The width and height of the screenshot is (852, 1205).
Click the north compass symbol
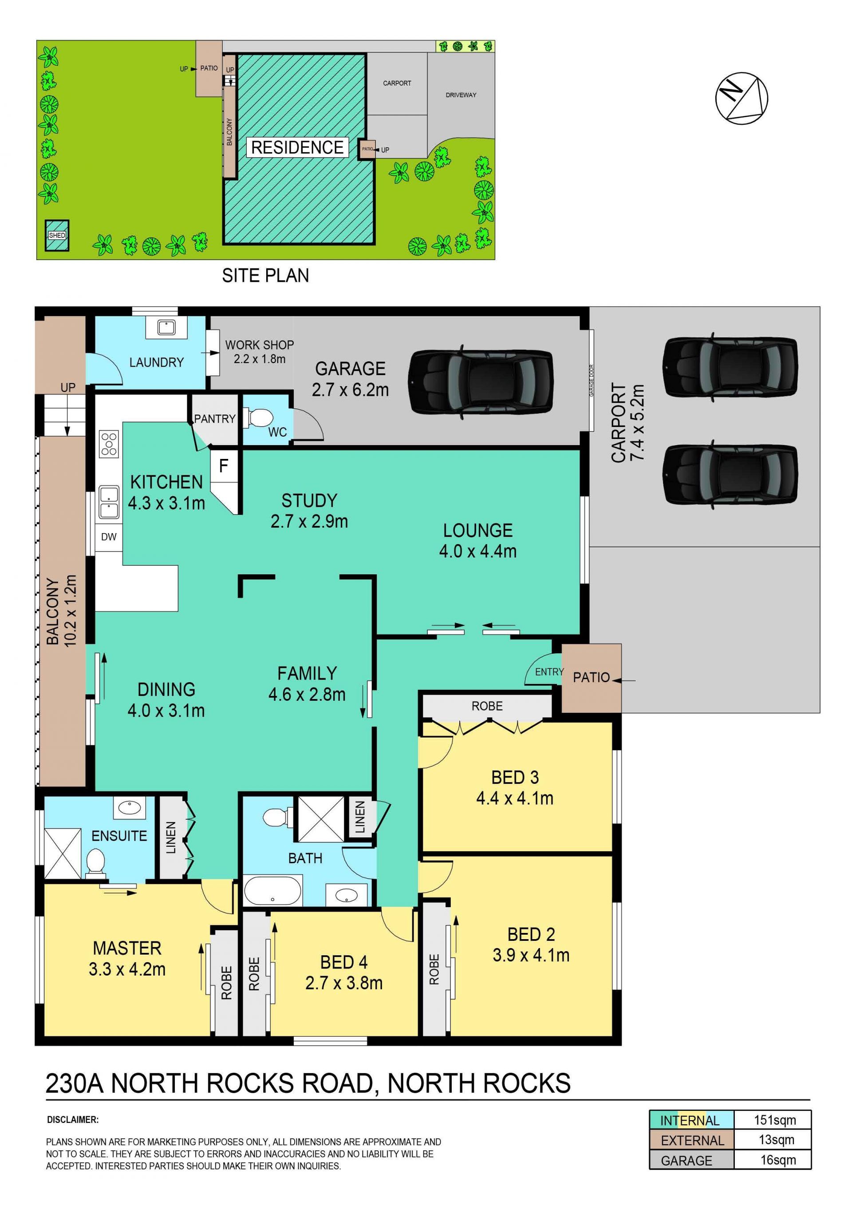point(742,98)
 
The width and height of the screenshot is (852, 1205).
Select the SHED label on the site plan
point(57,236)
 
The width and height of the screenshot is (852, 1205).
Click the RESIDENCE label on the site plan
point(297,147)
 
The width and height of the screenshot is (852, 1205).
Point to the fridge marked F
point(224,466)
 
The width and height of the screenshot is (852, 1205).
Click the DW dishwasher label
point(109,537)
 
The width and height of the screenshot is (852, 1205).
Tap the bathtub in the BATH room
point(273,890)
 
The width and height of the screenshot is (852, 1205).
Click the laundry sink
point(166,328)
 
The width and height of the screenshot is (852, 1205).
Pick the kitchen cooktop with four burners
point(109,444)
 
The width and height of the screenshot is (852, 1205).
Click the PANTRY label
point(215,419)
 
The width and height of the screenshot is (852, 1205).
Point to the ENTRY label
point(549,672)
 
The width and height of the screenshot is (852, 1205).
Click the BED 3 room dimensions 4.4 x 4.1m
point(515,798)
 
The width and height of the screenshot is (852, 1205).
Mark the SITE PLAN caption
point(265,276)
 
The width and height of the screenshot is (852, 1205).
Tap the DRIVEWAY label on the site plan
point(461,95)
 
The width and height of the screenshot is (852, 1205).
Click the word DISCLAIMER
point(72,1120)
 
